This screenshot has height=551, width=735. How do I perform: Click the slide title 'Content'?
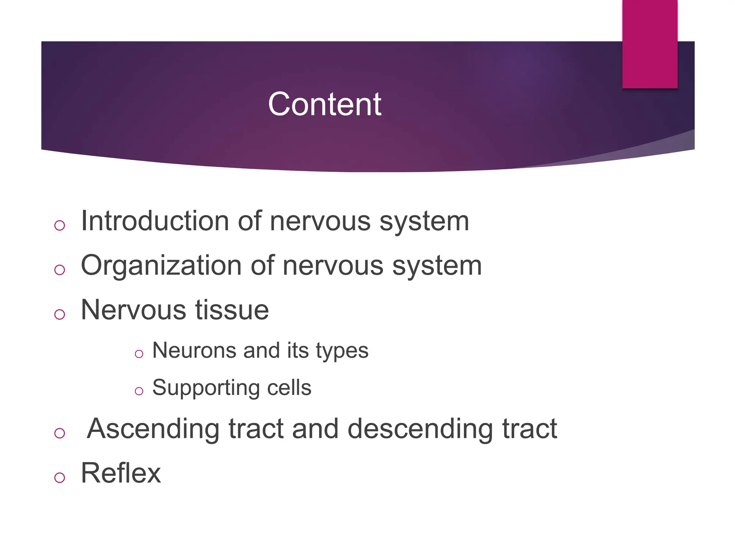[x=324, y=104]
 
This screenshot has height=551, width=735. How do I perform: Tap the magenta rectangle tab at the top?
[x=650, y=44]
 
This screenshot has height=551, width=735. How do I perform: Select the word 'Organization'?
[x=161, y=266]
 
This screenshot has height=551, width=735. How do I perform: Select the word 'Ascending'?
[x=153, y=429]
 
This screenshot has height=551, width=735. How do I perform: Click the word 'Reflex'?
[x=121, y=473]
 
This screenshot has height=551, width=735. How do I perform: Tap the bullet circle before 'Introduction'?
[x=60, y=225]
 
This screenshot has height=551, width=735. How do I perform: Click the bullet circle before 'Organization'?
[x=60, y=270]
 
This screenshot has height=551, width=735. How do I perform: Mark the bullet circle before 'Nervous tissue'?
[x=60, y=314]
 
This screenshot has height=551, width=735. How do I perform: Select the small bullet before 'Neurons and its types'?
[x=139, y=354]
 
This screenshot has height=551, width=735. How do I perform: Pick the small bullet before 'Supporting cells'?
[x=139, y=391]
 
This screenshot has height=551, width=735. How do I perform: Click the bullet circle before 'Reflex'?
[x=60, y=477]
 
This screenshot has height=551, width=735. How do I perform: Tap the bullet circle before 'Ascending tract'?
[x=60, y=433]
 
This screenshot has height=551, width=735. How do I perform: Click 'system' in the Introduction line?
[x=424, y=222]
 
